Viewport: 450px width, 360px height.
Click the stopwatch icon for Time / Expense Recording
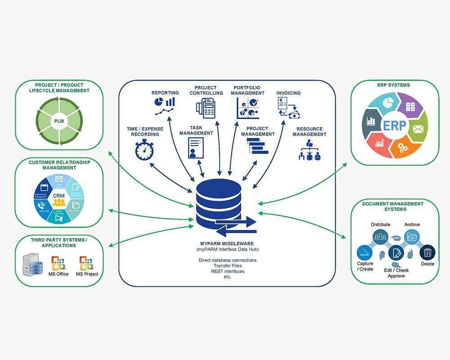pos(144,150)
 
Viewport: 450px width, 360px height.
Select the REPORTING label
pos(165,93)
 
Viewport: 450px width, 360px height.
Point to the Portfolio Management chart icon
pos(247,108)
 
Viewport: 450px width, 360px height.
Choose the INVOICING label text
pos(288,93)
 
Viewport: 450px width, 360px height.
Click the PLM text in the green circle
pos(59,121)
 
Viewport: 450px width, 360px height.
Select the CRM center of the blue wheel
pos(59,196)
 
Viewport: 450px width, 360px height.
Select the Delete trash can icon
pos(427,252)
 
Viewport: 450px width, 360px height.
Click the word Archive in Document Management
pos(412,225)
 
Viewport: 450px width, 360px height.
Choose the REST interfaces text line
pos(227,271)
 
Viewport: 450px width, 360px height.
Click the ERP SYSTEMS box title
pos(394,85)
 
